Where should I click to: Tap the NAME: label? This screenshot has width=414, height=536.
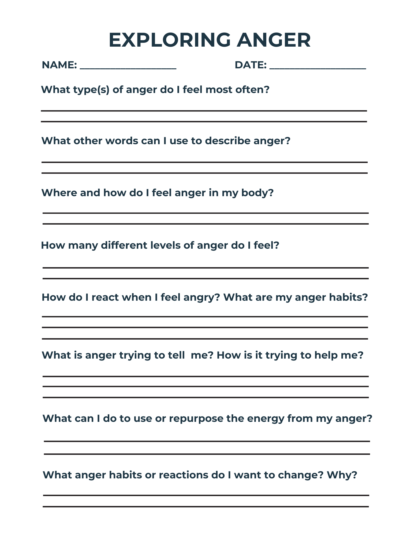tap(59, 65)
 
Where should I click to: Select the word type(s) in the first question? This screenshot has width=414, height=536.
tap(91, 90)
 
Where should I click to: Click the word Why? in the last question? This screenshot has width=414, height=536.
tap(342, 475)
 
